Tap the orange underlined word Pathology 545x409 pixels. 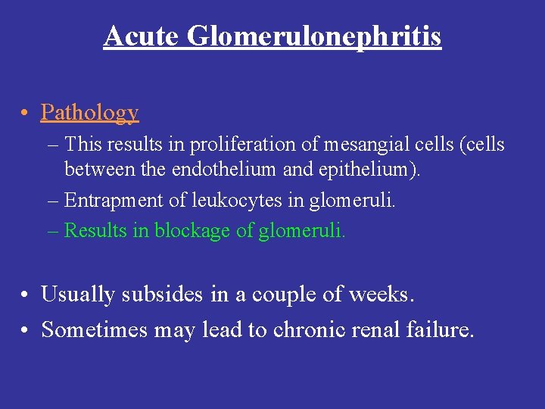(90, 113)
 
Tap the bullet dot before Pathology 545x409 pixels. (26, 114)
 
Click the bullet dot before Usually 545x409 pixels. (26, 295)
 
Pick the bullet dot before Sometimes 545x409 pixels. (26, 331)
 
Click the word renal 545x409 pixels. (378, 330)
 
